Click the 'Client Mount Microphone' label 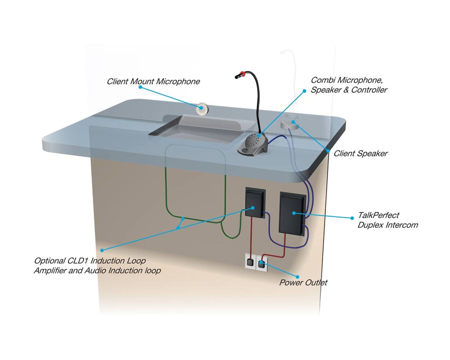tap(153, 81)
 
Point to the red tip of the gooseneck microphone tap(242, 73)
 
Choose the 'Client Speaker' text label tap(361, 154)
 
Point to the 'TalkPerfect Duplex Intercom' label tap(387, 220)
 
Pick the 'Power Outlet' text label tap(303, 283)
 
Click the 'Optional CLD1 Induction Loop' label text tap(90, 261)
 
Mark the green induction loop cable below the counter tap(166, 195)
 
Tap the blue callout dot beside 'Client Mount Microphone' tap(140, 87)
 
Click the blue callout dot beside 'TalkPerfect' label tap(352, 218)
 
